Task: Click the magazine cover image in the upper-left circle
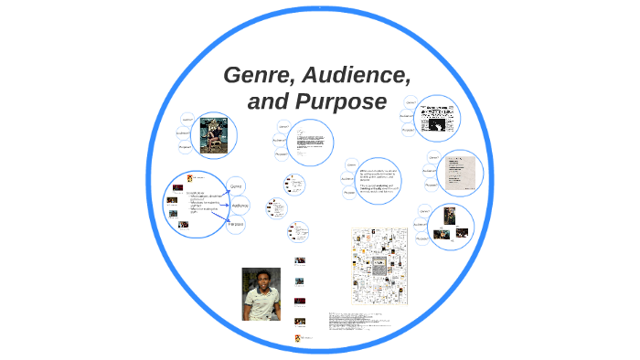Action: tap(219, 135)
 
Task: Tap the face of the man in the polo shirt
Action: tap(261, 281)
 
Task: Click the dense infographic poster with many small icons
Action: tap(379, 266)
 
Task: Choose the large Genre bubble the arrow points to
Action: tap(236, 185)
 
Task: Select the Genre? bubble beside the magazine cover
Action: tap(187, 120)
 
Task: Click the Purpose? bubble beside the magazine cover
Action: tap(186, 146)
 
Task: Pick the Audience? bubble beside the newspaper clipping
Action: tap(406, 116)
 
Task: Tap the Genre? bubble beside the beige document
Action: tap(433, 158)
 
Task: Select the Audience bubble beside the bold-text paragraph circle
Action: tap(347, 178)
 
